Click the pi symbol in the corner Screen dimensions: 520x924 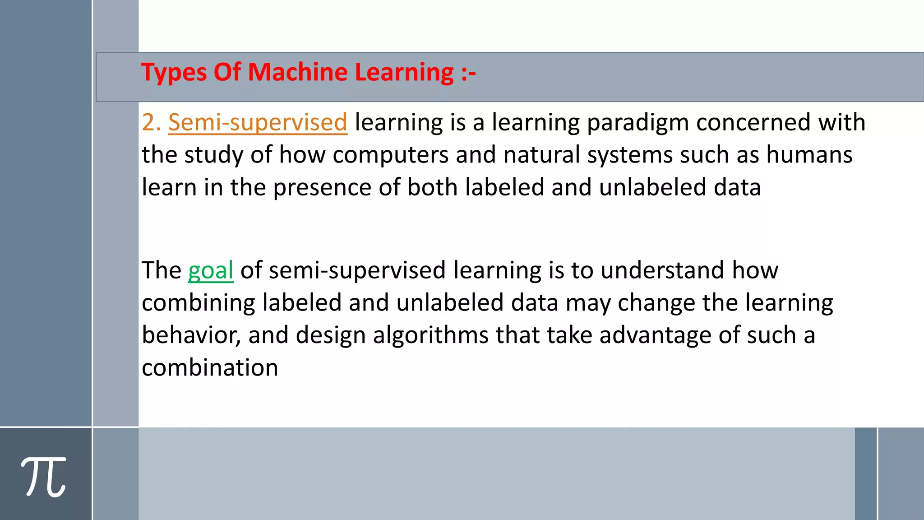(43, 477)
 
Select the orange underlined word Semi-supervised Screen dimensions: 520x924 (258, 123)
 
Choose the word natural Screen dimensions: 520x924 (541, 155)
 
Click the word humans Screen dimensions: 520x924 (809, 155)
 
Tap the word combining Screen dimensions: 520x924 (198, 303)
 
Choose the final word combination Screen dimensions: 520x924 (210, 368)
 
